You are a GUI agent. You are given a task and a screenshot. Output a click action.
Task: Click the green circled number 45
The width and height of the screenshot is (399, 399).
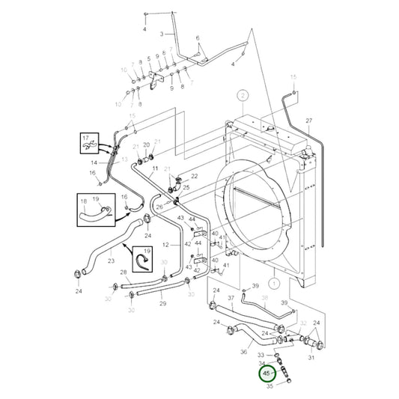click(x=267, y=372)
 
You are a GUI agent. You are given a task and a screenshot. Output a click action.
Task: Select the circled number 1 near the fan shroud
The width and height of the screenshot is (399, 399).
click(x=275, y=284)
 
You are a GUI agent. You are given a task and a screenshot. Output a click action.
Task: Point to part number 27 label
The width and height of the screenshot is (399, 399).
click(x=308, y=121)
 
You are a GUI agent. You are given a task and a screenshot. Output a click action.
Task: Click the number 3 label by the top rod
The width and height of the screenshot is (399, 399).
click(x=162, y=34)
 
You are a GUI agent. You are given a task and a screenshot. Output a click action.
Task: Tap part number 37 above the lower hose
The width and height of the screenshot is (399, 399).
click(x=231, y=297)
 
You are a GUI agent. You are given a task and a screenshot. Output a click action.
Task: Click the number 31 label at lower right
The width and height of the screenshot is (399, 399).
click(x=312, y=356)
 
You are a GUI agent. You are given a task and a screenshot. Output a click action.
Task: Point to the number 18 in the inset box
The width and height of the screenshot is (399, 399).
click(x=85, y=201)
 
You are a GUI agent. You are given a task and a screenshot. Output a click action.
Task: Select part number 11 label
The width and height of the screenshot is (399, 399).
click(x=154, y=171)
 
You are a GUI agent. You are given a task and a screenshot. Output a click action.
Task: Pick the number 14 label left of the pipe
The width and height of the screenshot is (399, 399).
click(x=94, y=162)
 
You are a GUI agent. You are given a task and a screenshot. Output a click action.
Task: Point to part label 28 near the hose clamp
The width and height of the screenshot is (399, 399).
click(x=123, y=272)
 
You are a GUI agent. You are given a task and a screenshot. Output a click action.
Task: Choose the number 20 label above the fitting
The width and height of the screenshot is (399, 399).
click(x=147, y=144)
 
